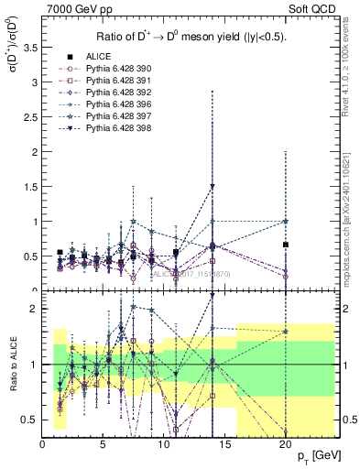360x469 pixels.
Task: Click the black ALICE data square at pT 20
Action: (286, 245)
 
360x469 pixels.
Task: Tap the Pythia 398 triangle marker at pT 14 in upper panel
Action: (213, 187)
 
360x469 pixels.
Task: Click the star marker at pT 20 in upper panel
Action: (286, 221)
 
